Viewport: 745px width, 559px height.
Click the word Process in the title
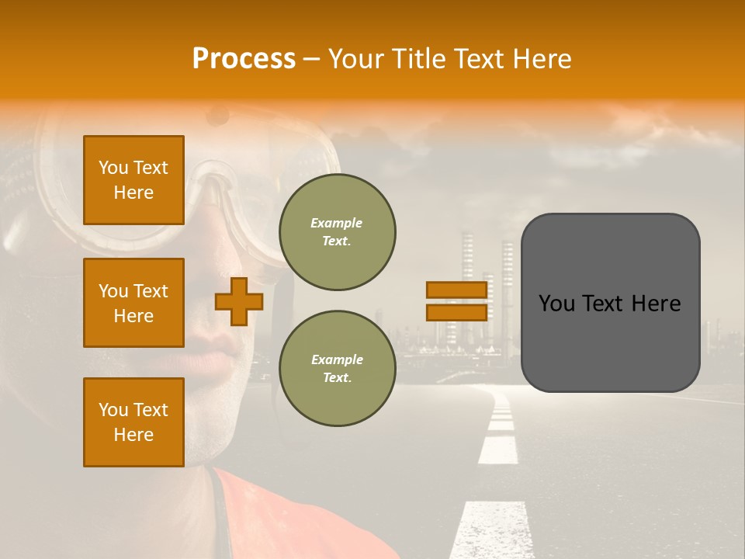coord(244,59)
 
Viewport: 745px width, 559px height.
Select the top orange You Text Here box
coord(133,180)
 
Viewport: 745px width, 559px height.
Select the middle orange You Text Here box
coord(133,303)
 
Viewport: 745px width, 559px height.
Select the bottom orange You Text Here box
coord(133,422)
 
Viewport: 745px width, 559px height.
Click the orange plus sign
coord(238,301)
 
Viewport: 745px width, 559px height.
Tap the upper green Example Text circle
coord(337,231)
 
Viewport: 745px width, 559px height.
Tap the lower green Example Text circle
coord(337,368)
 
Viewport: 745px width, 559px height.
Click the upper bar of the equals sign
coord(456,290)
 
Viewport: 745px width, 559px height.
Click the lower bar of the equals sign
coord(456,312)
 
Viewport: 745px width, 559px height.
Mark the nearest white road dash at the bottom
coord(489,532)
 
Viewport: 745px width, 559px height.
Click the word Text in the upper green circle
coord(337,241)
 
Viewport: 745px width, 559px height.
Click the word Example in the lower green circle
coord(337,359)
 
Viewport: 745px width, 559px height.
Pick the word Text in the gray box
coord(609,304)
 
